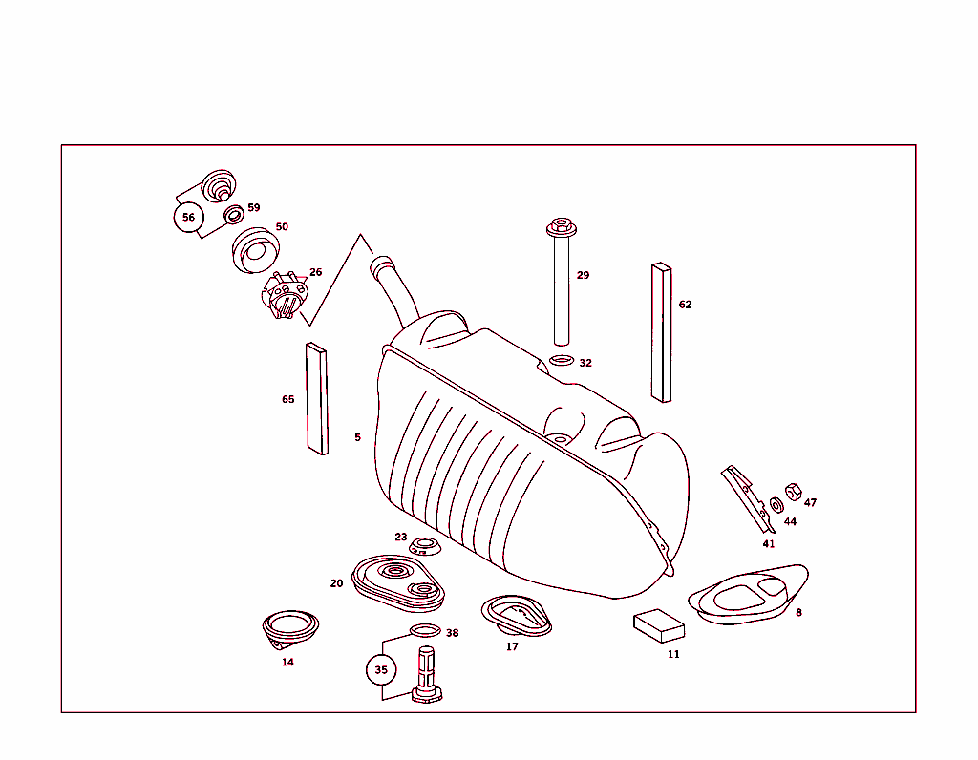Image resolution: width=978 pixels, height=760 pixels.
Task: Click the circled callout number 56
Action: click(188, 218)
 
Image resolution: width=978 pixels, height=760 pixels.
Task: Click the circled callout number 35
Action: click(381, 670)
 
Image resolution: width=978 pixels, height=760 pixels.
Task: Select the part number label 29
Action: click(583, 276)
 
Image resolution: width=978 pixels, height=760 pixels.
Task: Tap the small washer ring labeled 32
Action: click(562, 361)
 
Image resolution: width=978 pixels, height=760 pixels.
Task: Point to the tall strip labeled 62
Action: click(661, 331)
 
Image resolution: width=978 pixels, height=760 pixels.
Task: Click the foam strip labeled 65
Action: click(316, 398)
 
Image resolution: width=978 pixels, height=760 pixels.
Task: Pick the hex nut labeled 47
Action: click(792, 492)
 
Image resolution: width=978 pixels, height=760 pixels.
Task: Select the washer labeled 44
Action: click(775, 504)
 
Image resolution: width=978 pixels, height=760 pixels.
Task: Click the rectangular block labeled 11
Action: click(659, 624)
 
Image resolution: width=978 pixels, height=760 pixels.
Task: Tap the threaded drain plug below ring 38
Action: click(427, 673)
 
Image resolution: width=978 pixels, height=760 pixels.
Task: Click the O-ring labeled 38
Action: click(425, 630)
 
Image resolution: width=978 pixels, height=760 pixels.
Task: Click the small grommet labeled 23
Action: click(423, 547)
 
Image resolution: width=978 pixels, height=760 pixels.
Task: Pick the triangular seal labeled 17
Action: click(516, 615)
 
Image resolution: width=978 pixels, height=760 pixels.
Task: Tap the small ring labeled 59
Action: click(233, 214)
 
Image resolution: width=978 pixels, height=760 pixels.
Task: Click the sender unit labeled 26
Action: click(285, 297)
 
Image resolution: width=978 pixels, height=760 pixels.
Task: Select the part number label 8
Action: click(798, 613)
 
